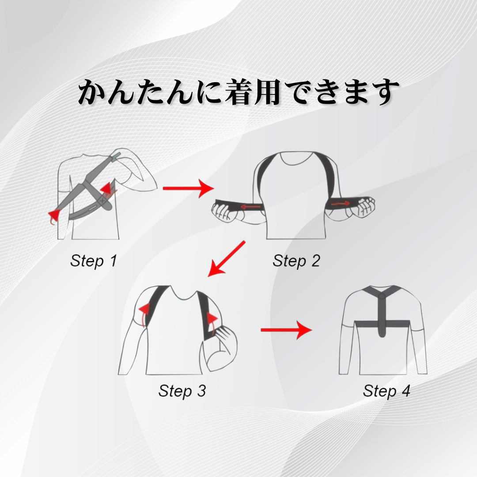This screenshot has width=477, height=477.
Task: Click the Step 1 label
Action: pos(93,261)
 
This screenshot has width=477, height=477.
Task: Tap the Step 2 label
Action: pos(296,261)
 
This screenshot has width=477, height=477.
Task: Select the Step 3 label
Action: pos(182,390)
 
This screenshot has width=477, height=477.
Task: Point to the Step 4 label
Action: pos(386,390)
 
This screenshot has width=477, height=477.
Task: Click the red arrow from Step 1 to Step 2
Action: pos(188,189)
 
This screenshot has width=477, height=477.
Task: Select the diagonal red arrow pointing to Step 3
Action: pos(226,258)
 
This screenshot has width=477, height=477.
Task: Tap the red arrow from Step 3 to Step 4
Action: pos(286,330)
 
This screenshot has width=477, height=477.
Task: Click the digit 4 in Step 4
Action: pos(406,390)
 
